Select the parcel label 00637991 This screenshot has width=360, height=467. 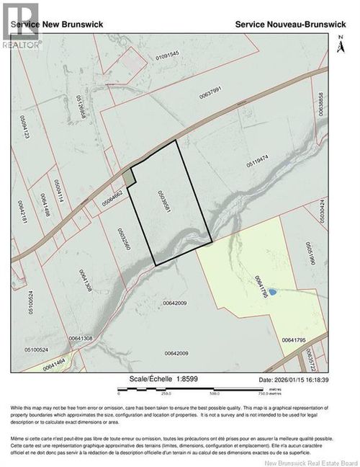pos(220,92)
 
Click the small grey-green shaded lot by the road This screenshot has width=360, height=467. pos(127,176)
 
